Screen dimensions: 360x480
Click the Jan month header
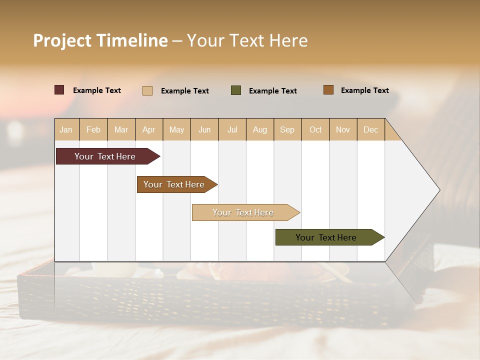[66, 129]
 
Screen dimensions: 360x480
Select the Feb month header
[93, 129]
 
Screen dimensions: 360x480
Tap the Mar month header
[121, 129]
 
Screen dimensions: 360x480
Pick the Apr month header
[149, 129]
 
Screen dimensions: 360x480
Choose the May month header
[176, 129]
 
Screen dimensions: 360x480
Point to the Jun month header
[204, 129]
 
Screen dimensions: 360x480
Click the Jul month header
[232, 129]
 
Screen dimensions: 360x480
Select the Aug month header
[260, 129]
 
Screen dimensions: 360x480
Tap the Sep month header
[287, 129]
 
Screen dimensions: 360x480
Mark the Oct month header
[315, 129]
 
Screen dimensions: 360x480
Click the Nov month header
[343, 129]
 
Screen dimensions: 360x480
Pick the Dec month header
[371, 129]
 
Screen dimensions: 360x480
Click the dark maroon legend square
[59, 90]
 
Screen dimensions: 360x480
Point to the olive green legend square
[236, 90]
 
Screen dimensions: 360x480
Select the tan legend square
[147, 90]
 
